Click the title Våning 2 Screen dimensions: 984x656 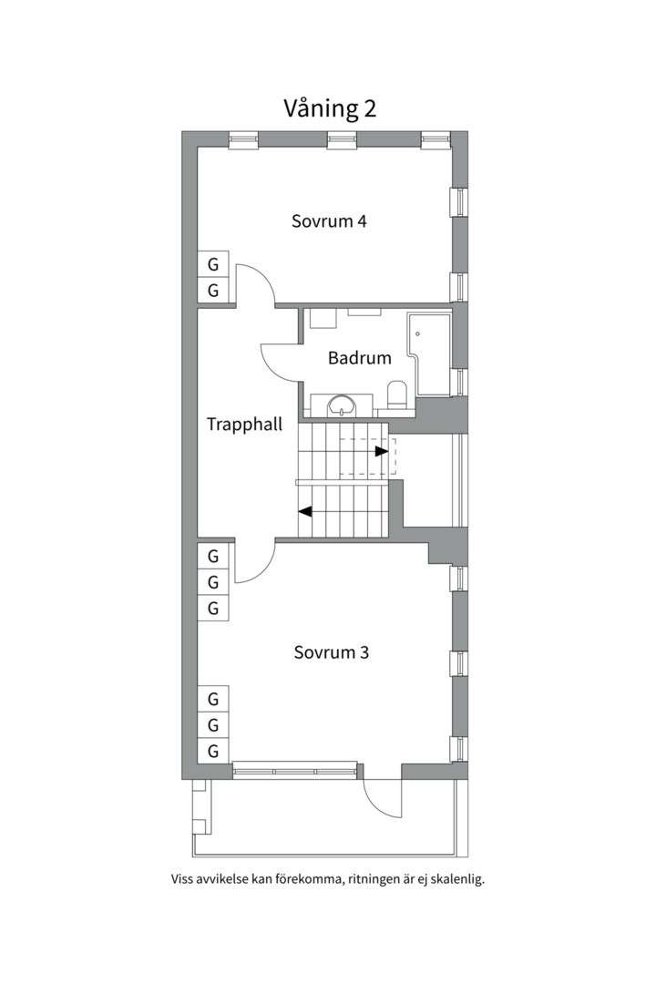(330, 108)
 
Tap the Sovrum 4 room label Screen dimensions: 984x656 (329, 220)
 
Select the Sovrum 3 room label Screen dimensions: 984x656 (330, 652)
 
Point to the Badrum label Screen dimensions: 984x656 (360, 358)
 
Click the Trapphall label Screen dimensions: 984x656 (244, 424)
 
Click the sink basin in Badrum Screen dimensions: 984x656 (343, 405)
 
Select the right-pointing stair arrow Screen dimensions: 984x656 (381, 450)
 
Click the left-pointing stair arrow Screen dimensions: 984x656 (306, 511)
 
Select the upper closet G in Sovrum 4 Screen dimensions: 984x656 (213, 265)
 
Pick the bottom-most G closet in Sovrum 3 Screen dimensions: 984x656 (213, 752)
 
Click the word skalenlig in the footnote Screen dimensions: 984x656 (455, 880)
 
